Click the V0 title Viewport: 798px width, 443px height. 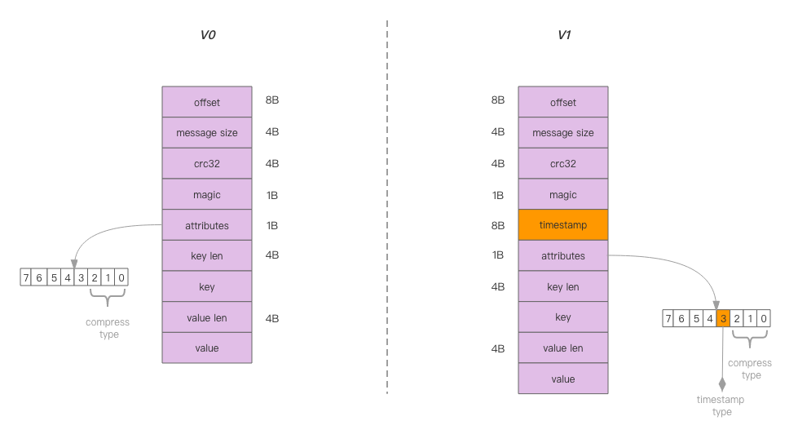208,35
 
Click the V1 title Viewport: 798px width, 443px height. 564,35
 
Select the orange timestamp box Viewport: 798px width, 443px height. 563,225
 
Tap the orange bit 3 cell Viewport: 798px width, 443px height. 723,319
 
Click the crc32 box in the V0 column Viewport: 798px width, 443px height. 207,164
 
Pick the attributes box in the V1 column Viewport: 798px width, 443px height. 563,256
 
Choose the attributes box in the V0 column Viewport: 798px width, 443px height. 207,226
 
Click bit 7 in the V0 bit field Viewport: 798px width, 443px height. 26,278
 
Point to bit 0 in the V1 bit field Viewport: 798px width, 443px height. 763,319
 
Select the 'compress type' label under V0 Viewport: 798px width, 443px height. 108,329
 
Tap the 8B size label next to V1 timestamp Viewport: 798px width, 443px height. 498,224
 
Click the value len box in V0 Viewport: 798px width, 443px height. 207,318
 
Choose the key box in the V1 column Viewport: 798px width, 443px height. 563,317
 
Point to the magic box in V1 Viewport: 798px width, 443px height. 563,195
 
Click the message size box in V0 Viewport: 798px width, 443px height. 207,133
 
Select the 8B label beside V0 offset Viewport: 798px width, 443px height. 272,100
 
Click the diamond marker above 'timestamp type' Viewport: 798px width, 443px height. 722,383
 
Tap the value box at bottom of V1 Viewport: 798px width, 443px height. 563,379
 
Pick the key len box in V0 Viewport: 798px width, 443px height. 207,256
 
